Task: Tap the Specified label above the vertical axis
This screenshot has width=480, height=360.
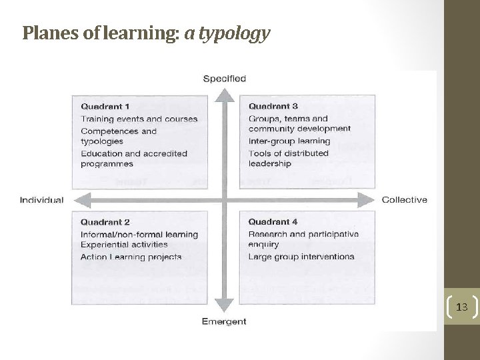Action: (224, 78)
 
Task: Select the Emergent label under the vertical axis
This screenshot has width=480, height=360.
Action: (224, 321)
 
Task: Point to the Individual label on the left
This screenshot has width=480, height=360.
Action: (42, 200)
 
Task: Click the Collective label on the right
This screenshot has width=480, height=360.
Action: (405, 200)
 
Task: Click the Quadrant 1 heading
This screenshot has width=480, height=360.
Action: (105, 106)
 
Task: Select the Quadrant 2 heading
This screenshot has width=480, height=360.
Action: (105, 222)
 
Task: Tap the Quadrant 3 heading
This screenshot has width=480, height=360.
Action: (273, 106)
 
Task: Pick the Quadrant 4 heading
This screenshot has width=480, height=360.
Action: (273, 222)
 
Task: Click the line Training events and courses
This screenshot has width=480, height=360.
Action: (139, 119)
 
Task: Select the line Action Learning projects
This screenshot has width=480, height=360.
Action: (131, 257)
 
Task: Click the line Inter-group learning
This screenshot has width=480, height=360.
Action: (289, 141)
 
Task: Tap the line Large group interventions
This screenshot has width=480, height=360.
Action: (301, 257)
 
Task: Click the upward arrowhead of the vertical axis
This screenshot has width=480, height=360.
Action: (226, 92)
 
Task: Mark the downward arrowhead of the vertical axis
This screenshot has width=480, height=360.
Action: (226, 307)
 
